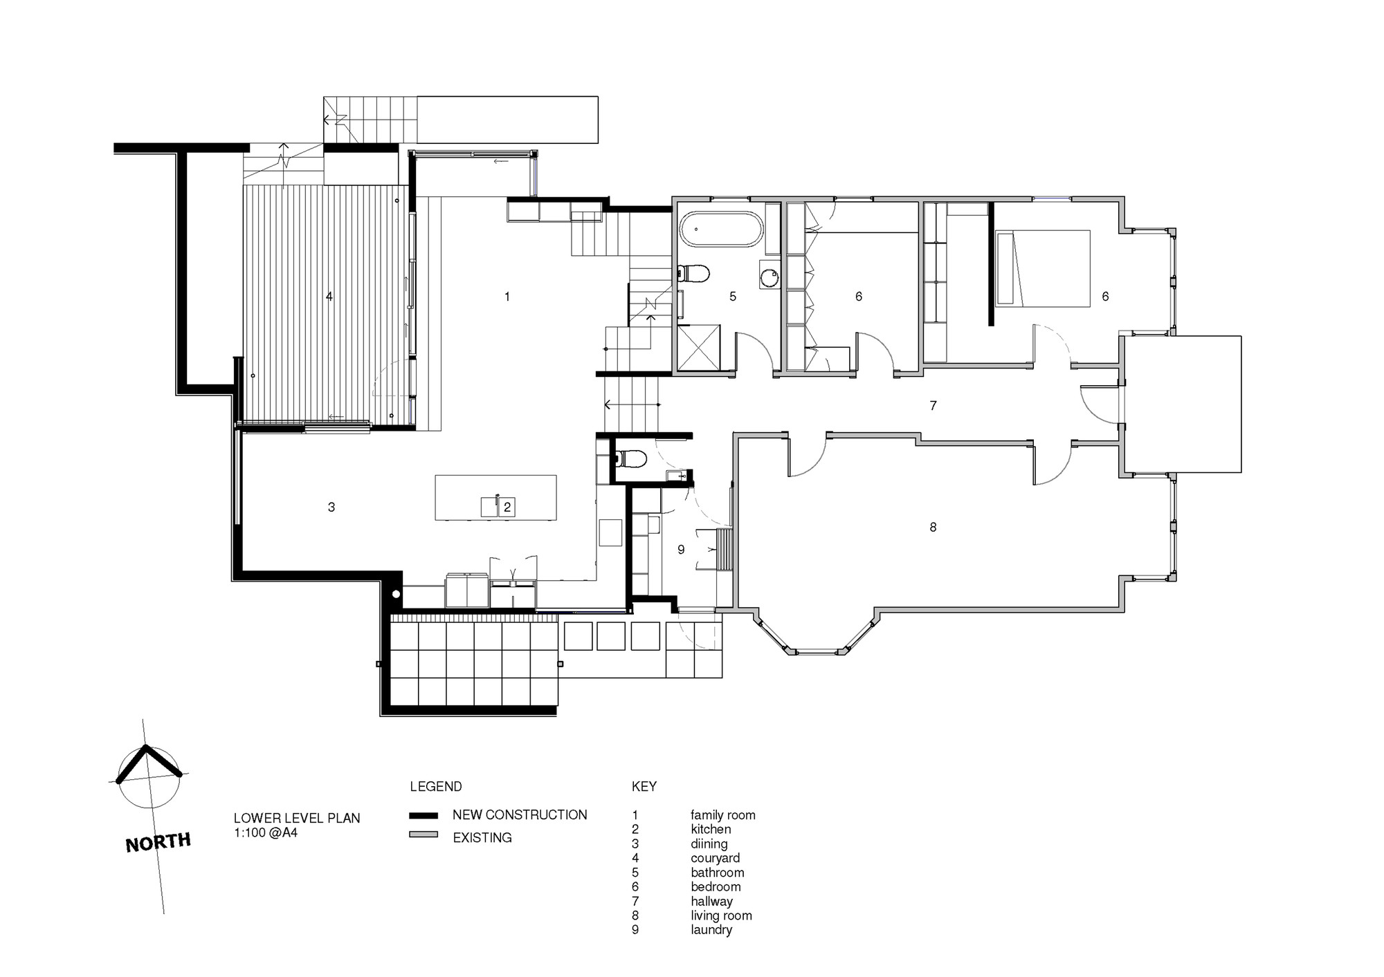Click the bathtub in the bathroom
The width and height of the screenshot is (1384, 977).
point(721,229)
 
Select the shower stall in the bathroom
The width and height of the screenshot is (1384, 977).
point(698,348)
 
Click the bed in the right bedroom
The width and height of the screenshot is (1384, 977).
point(1043,268)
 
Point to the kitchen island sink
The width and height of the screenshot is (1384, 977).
point(489,506)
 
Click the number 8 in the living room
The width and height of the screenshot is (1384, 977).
point(933,528)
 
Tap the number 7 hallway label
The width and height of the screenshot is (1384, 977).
point(933,406)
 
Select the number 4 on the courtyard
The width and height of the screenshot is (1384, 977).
point(329,297)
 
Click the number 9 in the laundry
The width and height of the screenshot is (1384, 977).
point(681,550)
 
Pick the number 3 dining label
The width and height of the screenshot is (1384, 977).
point(331,508)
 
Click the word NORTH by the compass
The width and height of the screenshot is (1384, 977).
point(158,842)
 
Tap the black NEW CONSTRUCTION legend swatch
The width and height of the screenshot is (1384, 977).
point(424,815)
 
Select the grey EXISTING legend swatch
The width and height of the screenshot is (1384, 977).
point(424,835)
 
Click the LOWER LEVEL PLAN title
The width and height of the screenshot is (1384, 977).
point(297,818)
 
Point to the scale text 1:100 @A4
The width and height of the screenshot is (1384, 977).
point(266,832)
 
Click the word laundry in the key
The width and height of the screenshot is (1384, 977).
point(711,930)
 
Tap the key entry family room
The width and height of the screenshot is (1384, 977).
point(723,815)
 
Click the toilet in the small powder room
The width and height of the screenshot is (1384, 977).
point(630,458)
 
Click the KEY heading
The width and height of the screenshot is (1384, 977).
point(644,786)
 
